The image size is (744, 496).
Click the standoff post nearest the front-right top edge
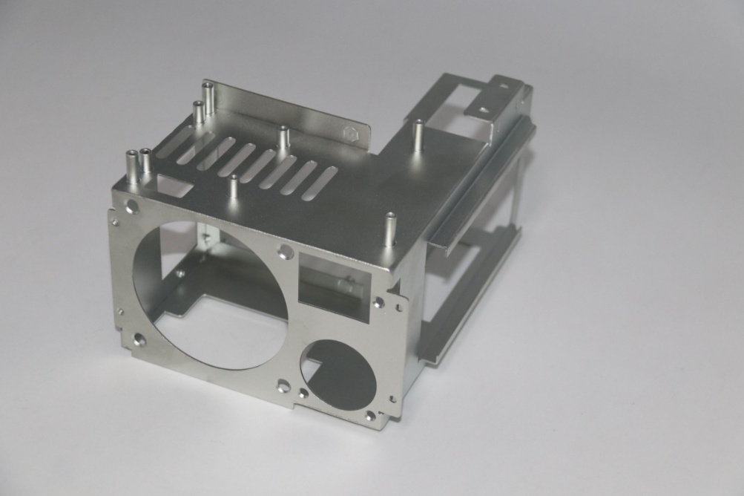point(389,229)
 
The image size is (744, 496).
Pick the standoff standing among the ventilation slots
point(283,142)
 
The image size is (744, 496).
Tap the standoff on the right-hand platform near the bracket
point(418,135)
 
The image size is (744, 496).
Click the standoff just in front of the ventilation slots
point(234,188)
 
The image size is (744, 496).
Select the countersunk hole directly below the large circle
point(283,386)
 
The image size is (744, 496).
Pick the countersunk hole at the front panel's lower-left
point(139,340)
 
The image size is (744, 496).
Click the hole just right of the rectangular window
point(379,302)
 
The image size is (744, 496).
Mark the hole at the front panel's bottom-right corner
point(370,416)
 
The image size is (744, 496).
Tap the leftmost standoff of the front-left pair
point(131,168)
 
